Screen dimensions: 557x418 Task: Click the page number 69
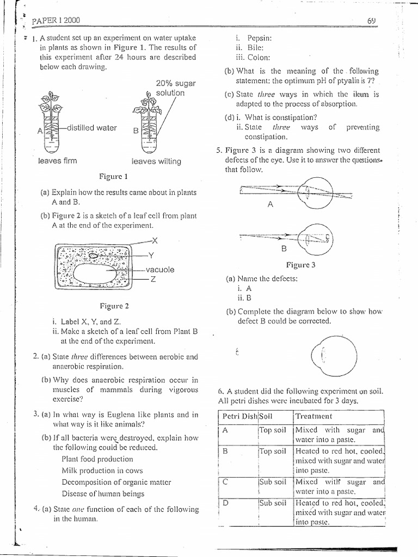(372, 21)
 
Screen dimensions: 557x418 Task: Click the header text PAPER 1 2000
(56, 21)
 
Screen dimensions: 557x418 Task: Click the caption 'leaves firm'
(58, 161)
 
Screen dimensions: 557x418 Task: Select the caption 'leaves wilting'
(156, 162)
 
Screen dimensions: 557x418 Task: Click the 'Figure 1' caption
(114, 177)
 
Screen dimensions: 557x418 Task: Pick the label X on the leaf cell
(155, 240)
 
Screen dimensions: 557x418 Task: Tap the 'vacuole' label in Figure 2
(160, 269)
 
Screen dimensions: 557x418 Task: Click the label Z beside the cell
(154, 279)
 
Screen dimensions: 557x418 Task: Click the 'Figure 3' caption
(301, 265)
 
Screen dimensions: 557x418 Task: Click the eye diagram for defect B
(318, 238)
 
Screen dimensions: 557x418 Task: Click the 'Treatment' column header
(313, 416)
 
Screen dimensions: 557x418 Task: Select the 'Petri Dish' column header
(238, 416)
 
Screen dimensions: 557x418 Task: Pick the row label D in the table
(225, 503)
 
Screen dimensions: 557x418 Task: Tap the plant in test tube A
(52, 117)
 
